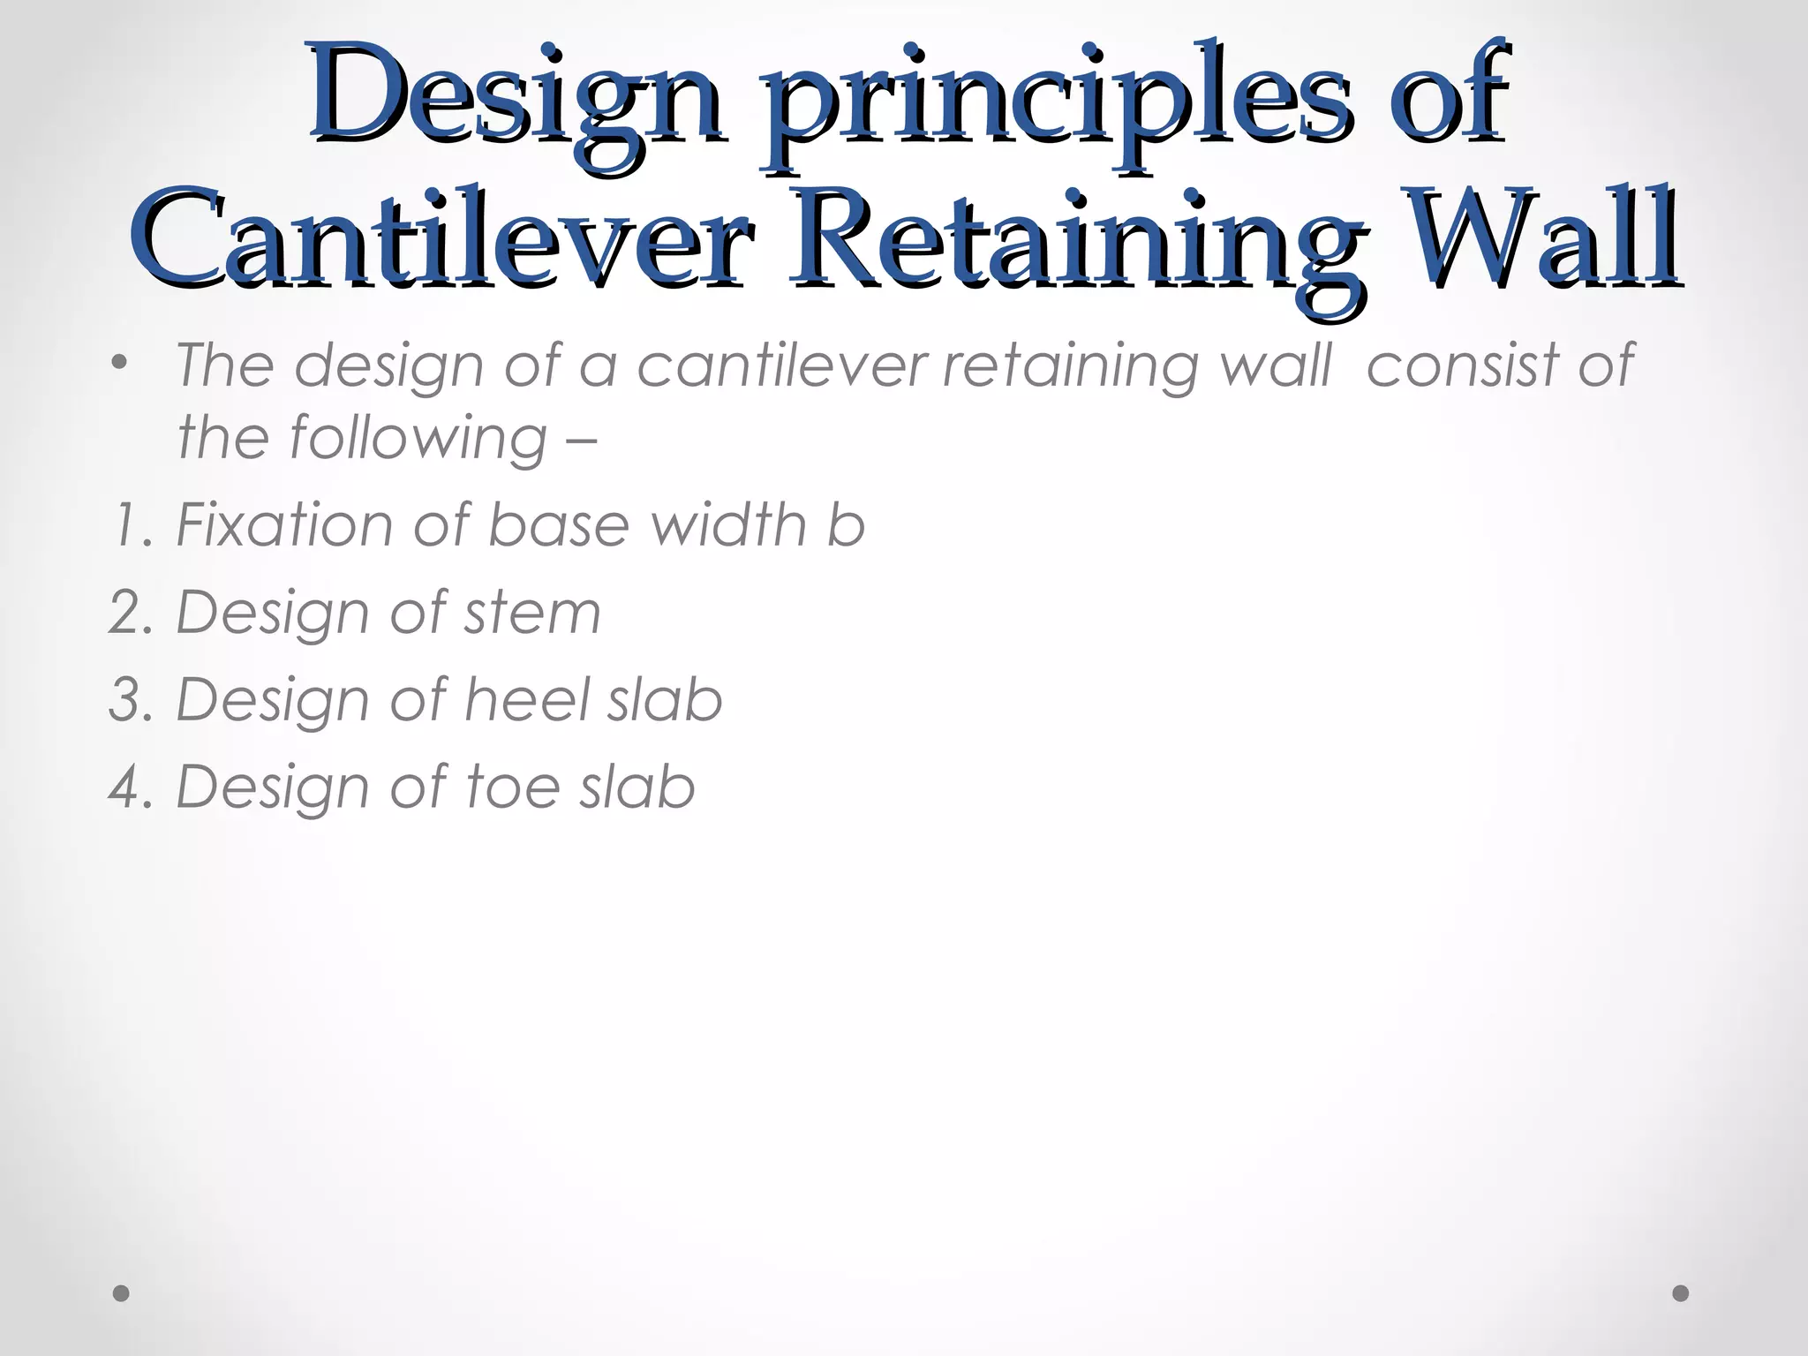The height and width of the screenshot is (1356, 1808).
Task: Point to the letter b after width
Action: coord(846,524)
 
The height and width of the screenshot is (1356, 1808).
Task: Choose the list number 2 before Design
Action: coord(129,612)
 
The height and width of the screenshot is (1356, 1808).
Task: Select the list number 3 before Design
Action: coord(129,699)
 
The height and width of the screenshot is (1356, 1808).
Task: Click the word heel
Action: coord(526,699)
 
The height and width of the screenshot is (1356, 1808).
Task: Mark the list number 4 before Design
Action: coord(129,787)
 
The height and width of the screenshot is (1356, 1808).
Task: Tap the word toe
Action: coord(513,787)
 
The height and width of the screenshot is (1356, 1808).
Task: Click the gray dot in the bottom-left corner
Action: coord(122,1293)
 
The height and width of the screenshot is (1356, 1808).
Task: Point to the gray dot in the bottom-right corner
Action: coord(1681,1293)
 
